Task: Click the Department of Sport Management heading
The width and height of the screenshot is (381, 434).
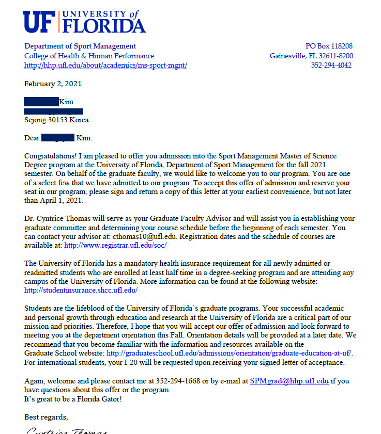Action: [80, 46]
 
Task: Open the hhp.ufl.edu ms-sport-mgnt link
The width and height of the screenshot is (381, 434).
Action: [105, 66]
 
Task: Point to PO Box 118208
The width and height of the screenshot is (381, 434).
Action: [329, 46]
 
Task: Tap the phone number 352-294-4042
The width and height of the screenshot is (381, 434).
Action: [331, 66]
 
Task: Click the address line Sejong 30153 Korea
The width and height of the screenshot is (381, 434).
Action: [56, 120]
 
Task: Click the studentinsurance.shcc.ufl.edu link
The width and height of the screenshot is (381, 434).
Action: [81, 290]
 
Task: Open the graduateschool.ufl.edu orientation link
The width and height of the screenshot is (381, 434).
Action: [229, 353]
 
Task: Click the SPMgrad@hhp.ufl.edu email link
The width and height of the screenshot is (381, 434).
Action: [289, 381]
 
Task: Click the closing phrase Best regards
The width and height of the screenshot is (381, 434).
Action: [46, 416]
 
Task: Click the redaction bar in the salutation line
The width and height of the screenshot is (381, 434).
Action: [57, 138]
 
